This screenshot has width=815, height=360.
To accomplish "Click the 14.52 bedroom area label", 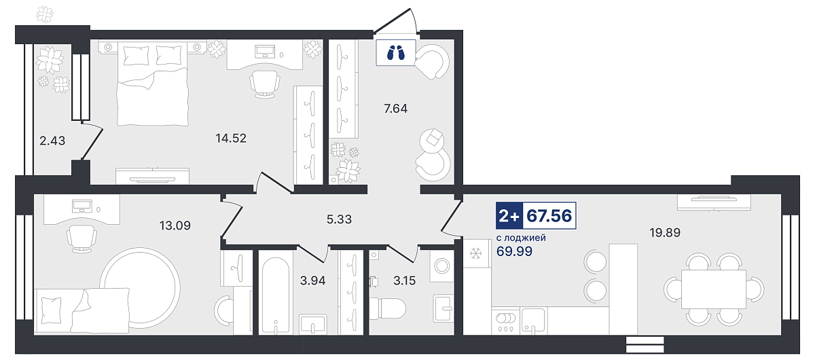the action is pos(231,139).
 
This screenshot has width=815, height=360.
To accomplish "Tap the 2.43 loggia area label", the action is pos(52,141).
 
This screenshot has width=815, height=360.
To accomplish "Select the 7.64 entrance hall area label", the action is pos(395,109).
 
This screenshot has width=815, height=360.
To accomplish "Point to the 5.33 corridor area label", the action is pos(339,219).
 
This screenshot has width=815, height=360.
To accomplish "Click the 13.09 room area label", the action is pos(175,226).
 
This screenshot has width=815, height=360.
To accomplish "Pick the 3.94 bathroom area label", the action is pos(312,281).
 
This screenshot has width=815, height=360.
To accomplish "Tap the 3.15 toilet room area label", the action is pos(404,281).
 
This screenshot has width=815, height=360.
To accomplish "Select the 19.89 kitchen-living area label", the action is pos(665,232).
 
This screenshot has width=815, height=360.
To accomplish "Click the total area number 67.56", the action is pos(549,216).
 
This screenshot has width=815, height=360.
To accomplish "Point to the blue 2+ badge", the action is pos(509,216).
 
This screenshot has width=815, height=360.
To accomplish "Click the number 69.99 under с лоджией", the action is pos(514,251).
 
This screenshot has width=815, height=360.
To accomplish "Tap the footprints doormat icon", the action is pos(396,53).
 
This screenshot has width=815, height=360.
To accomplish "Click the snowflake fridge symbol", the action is pos(476,253).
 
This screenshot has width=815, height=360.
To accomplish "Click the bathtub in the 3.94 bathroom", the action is pos(276,295).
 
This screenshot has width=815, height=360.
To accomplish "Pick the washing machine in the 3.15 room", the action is pos(441,266).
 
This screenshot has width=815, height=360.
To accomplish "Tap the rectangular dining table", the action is pos(714,289).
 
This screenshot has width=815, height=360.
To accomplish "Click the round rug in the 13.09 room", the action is pos(140,287).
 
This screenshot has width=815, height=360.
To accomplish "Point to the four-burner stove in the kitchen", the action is pos(506,321).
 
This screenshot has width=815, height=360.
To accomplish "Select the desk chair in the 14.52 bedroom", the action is pos(265,84).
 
